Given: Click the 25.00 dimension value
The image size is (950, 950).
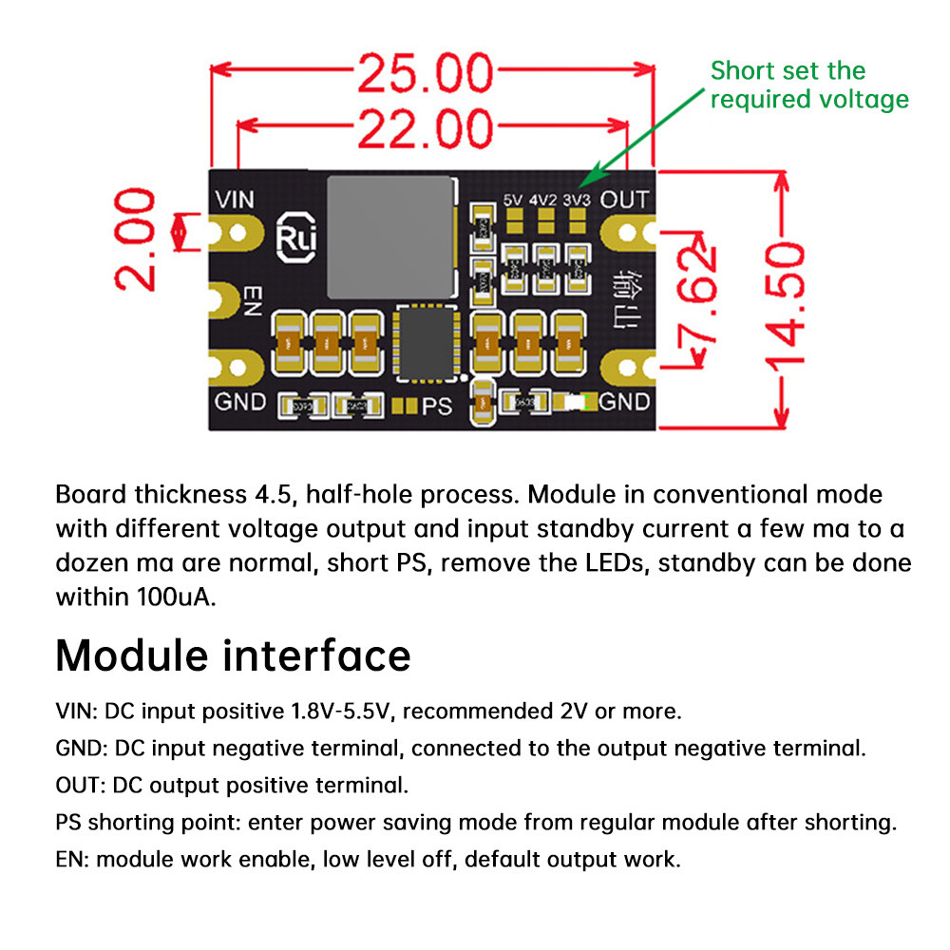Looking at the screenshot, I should pyautogui.click(x=426, y=73).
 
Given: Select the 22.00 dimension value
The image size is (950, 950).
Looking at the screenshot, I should pyautogui.click(x=426, y=128).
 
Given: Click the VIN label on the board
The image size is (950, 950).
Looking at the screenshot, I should pyautogui.click(x=236, y=200).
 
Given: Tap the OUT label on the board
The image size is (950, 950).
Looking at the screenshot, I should pyautogui.click(x=624, y=199).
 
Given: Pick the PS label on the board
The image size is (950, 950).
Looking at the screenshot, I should pyautogui.click(x=437, y=406).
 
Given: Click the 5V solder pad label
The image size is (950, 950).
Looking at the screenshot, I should pyautogui.click(x=514, y=200).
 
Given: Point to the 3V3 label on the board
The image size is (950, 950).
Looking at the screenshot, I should pyautogui.click(x=576, y=200).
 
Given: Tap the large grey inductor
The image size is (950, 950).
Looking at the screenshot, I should pyautogui.click(x=390, y=237).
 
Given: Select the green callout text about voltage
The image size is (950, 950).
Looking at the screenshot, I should pyautogui.click(x=808, y=85).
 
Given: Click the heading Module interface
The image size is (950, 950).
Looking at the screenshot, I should pyautogui.click(x=233, y=655).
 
